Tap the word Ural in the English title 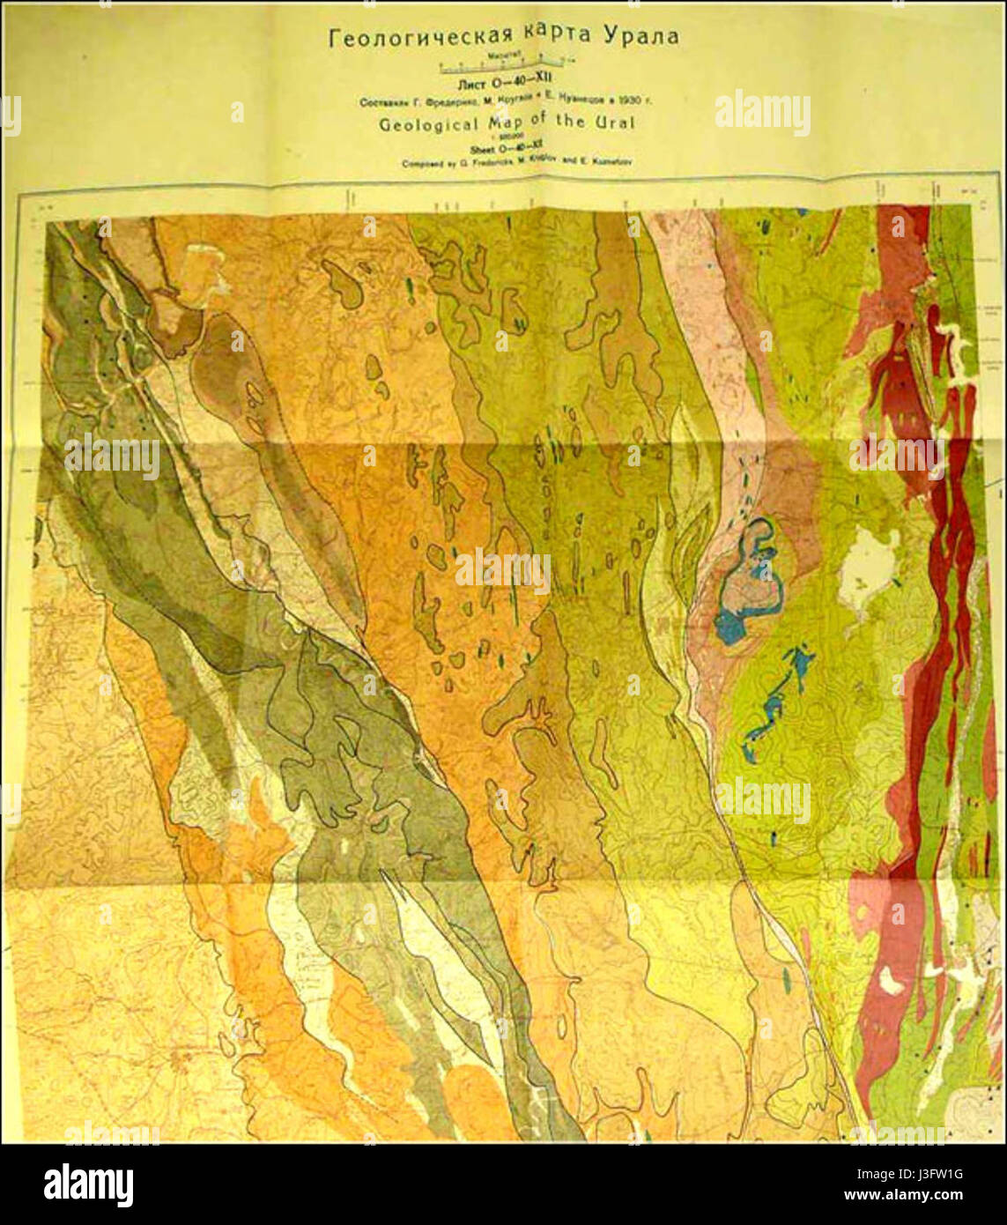coord(615,122)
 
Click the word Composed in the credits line coord(424,164)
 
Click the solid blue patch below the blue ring coord(730,627)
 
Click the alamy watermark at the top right coord(762,112)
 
